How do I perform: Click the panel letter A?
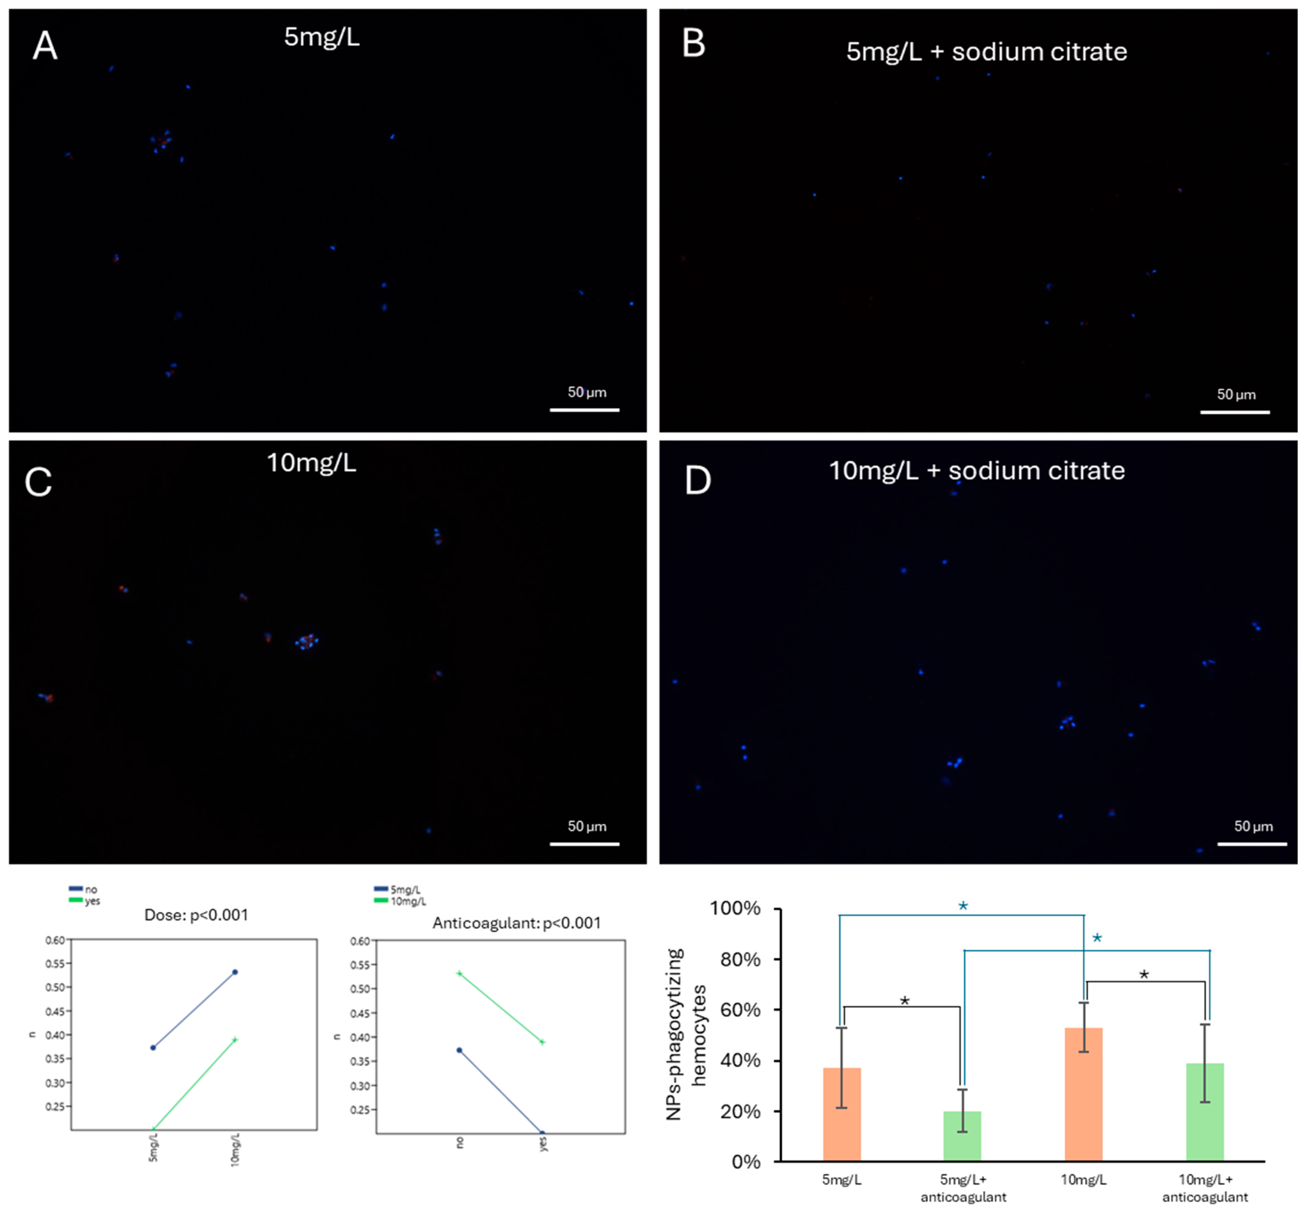coord(45,46)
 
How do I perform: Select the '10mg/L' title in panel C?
coord(312,463)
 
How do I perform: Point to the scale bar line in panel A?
coord(584,410)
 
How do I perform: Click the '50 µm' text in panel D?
coord(1253,826)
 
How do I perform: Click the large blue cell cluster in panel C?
coord(306,641)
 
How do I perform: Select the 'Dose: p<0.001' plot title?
coord(196,915)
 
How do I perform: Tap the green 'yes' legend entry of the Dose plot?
coord(85,901)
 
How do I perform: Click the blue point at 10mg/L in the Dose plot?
coord(235,972)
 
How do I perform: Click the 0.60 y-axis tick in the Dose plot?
coord(55,940)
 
